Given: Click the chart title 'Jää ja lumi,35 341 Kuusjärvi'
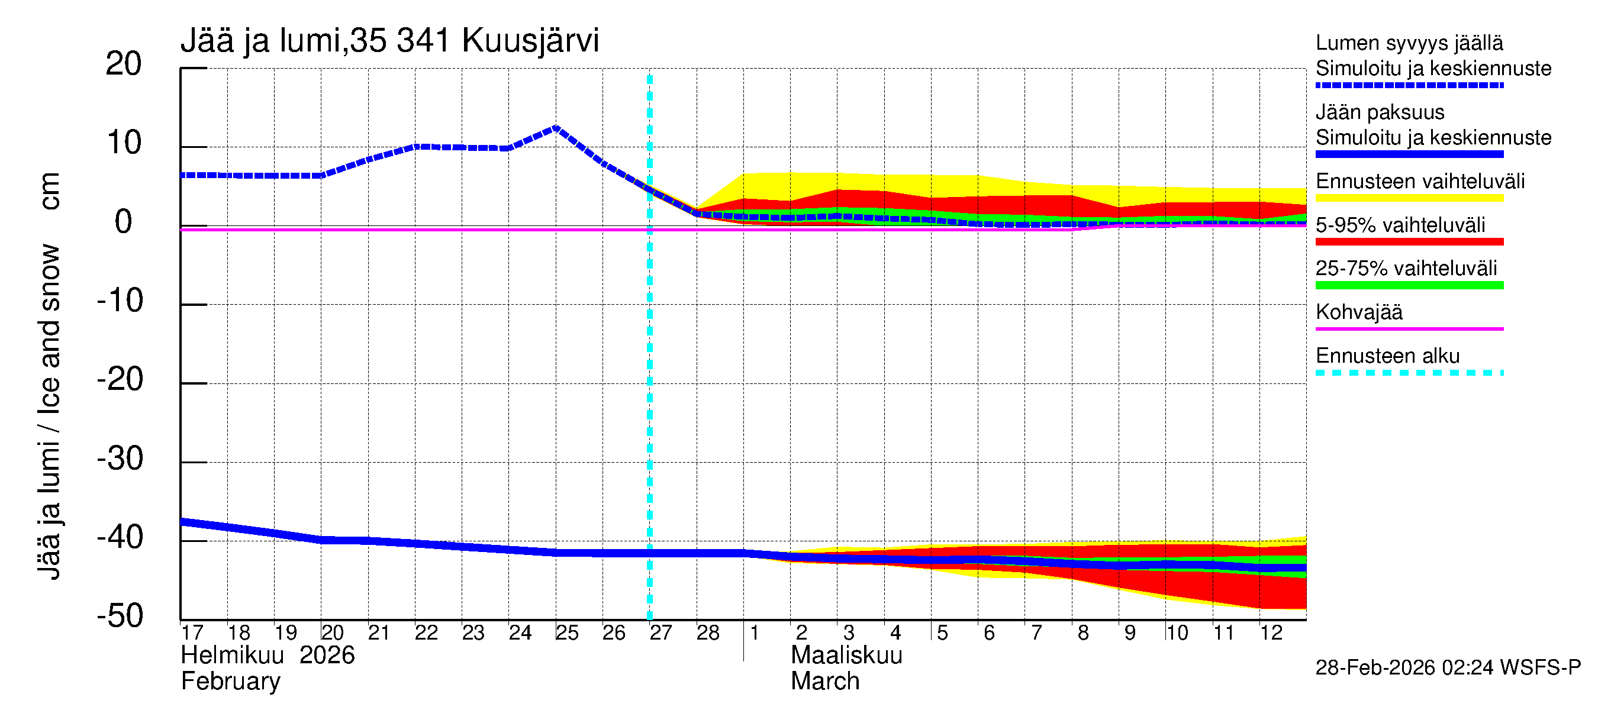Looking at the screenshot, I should point(389,41).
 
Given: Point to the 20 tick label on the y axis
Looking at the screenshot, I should point(124,64).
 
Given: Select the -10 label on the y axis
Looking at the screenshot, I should point(120,301).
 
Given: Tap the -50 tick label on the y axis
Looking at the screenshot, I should point(120,617).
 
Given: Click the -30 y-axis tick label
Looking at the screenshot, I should point(120,459).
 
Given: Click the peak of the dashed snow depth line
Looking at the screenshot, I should point(556,128).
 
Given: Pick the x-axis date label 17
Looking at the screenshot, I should point(192,633).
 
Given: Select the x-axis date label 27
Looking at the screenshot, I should point(661,633).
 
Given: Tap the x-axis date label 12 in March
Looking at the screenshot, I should point(1271,633).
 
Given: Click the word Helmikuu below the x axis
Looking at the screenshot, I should point(233,656).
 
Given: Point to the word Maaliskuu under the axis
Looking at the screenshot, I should point(846,656).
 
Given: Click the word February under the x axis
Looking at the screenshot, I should point(231,682).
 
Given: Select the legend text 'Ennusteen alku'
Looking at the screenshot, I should point(1388,356).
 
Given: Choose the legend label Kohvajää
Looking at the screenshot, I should point(1358,312).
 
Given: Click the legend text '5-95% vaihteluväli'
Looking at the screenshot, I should point(1400,225).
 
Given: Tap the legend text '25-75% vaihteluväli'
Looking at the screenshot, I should point(1406,269).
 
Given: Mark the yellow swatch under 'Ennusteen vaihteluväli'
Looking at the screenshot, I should point(1409,198).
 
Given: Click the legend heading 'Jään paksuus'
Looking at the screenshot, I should point(1380,112).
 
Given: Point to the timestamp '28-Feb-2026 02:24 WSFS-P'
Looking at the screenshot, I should point(1448,668).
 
